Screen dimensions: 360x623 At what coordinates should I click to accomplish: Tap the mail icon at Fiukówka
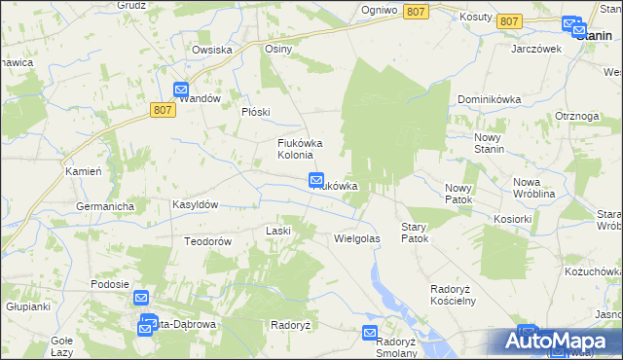(316, 179)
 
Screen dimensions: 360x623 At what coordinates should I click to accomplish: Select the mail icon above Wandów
(182, 90)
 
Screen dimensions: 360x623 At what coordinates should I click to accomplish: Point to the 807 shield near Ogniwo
(416, 11)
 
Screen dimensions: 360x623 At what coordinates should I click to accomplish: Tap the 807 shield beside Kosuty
(508, 20)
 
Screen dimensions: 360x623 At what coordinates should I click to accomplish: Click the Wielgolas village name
(356, 237)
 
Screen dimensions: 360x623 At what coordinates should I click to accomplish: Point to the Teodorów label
(206, 240)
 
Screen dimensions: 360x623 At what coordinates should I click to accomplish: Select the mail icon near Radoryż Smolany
(370, 333)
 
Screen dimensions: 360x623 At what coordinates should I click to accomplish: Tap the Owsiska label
(211, 50)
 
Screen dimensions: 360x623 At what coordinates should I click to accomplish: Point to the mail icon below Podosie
(141, 300)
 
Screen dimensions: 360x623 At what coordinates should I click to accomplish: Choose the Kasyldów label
(195, 204)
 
